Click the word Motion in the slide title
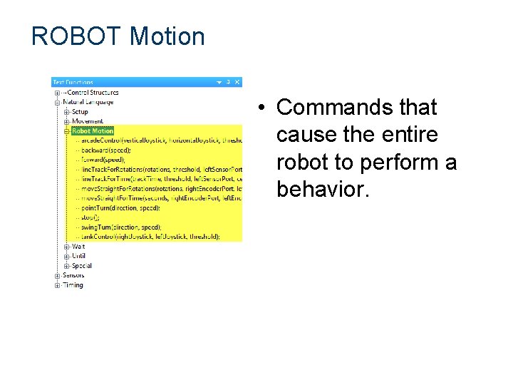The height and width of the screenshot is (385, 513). [x=167, y=36]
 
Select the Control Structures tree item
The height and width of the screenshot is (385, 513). [x=91, y=92]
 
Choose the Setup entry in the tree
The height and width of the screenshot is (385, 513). [x=80, y=111]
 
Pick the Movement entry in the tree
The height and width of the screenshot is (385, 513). [x=87, y=121]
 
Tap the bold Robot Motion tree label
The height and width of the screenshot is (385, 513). [x=93, y=131]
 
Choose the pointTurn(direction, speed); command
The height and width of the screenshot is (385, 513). [x=121, y=207]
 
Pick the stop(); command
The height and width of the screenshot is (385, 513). [x=90, y=217]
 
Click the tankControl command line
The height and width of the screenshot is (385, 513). [x=150, y=236]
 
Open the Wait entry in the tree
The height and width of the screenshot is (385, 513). [x=78, y=246]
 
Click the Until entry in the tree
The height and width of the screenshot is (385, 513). [x=78, y=255]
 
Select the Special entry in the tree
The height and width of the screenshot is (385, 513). [x=81, y=265]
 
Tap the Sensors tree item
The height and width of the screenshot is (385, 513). [x=73, y=275]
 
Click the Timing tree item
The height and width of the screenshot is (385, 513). [x=73, y=285]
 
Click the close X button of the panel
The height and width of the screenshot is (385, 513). [x=237, y=82]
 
